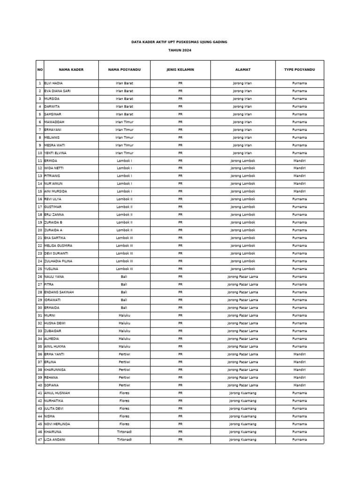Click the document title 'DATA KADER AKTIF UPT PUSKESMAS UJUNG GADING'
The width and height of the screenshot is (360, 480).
tap(180, 42)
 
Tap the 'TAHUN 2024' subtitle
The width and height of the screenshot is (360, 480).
tap(180, 50)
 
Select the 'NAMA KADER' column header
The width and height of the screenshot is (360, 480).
tap(71, 70)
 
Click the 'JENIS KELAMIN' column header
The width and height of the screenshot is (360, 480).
tap(180, 70)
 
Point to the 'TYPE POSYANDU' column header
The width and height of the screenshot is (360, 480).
tap(300, 70)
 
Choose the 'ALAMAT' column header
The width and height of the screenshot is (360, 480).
tap(242, 70)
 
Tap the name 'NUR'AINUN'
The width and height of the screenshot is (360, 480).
tap(53, 184)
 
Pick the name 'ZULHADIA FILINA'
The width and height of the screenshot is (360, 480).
tap(58, 261)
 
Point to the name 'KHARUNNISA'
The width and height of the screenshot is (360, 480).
tap(55, 369)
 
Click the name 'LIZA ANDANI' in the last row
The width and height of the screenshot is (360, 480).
tap(55, 439)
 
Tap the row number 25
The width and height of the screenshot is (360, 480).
tap(40, 269)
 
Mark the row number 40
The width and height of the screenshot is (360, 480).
tap(40, 385)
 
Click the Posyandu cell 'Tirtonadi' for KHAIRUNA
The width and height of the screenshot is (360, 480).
tap(124, 432)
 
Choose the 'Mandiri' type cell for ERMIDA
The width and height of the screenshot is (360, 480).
tap(300, 161)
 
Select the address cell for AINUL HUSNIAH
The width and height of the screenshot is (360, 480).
tap(242, 393)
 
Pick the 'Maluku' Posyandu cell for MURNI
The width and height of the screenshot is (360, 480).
tap(124, 315)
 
